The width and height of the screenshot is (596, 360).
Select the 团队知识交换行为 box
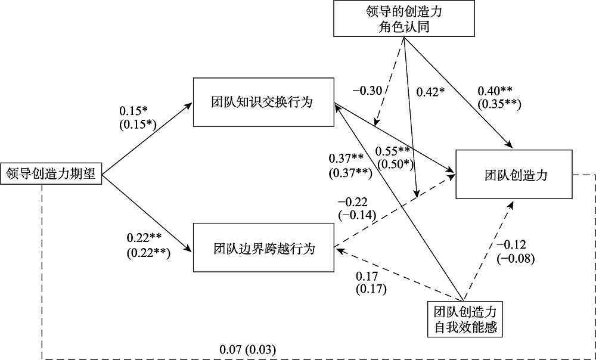(263, 102)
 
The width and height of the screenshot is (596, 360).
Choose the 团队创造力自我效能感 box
(465, 319)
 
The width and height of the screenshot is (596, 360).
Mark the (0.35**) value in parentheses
(499, 104)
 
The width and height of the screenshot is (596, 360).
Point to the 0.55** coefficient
(393, 151)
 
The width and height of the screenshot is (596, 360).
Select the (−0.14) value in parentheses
(355, 215)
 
